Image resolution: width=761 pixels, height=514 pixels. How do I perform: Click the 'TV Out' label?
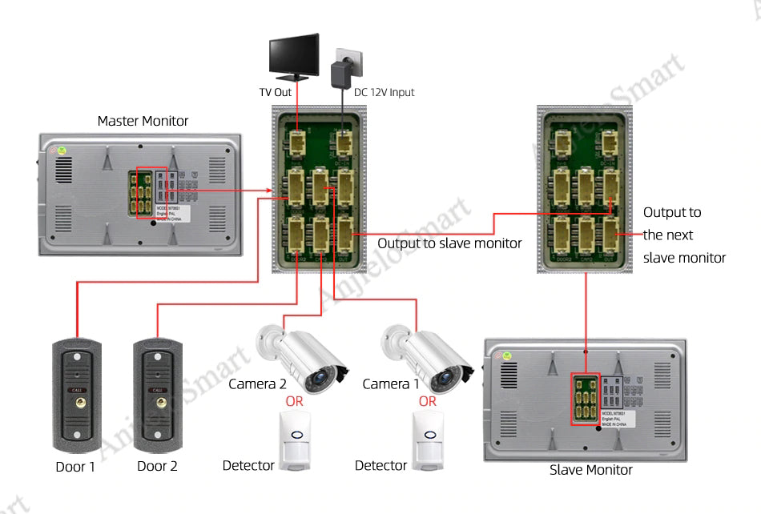[x=275, y=92]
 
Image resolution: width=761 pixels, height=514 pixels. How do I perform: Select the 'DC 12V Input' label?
[x=385, y=92]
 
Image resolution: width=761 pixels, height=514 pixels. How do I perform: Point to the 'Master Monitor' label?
[x=143, y=121]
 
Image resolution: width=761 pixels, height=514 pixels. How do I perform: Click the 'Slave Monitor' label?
[x=590, y=470]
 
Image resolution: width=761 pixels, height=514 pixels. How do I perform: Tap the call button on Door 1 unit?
[x=77, y=405]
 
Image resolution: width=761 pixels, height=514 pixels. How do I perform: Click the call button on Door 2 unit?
[x=158, y=405]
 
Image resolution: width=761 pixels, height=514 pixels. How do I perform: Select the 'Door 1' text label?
[x=75, y=466]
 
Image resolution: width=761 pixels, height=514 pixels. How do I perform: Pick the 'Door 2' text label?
[x=157, y=466]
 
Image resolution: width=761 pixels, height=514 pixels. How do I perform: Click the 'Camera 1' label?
[x=390, y=384]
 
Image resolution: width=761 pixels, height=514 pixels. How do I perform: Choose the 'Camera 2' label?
[x=257, y=384]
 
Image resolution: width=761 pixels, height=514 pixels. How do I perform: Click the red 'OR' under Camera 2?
[x=294, y=401]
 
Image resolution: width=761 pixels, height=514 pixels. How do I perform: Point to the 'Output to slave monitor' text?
[x=449, y=243]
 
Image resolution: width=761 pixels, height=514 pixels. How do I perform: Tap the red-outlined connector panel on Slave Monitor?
[x=585, y=399]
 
